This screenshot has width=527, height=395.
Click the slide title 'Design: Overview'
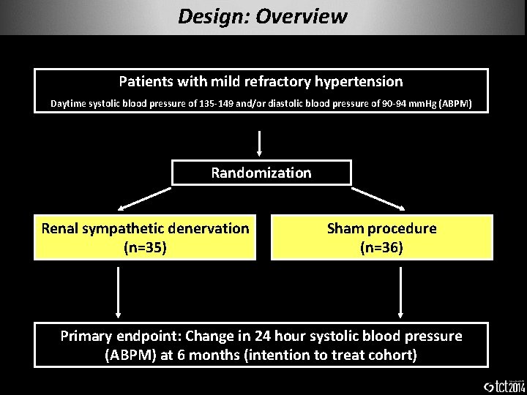(x=262, y=16)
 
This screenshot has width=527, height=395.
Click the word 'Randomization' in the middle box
(x=261, y=173)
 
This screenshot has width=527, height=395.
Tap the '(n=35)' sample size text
(x=146, y=247)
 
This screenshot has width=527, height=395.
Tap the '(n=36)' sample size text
(x=381, y=247)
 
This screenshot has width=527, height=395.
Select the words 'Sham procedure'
(x=381, y=228)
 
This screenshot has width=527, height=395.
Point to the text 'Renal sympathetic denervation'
(x=146, y=228)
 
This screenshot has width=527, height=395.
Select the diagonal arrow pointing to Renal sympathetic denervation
(x=144, y=198)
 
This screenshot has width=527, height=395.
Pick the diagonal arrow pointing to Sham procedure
(x=378, y=198)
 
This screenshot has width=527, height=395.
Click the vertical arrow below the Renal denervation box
(x=118, y=290)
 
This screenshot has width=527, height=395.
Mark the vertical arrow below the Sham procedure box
(x=400, y=290)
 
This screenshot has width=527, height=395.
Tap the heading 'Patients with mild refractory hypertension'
(x=261, y=82)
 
